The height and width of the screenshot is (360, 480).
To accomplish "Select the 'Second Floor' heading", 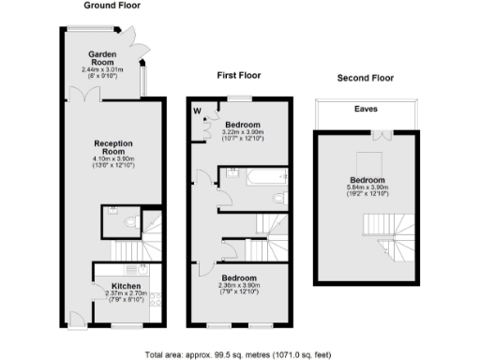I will coord(366,78).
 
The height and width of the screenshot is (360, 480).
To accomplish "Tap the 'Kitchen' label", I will coord(126,285).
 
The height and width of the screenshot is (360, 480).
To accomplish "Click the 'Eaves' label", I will coord(366,109).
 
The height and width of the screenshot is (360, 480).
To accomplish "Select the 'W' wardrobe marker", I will coord(198,110).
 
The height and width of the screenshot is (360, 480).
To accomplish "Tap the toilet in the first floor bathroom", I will coord(280,198).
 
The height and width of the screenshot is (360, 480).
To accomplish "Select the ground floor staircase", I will coord(126,249).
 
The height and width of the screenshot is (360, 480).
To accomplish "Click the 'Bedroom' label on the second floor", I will coord(366,178).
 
